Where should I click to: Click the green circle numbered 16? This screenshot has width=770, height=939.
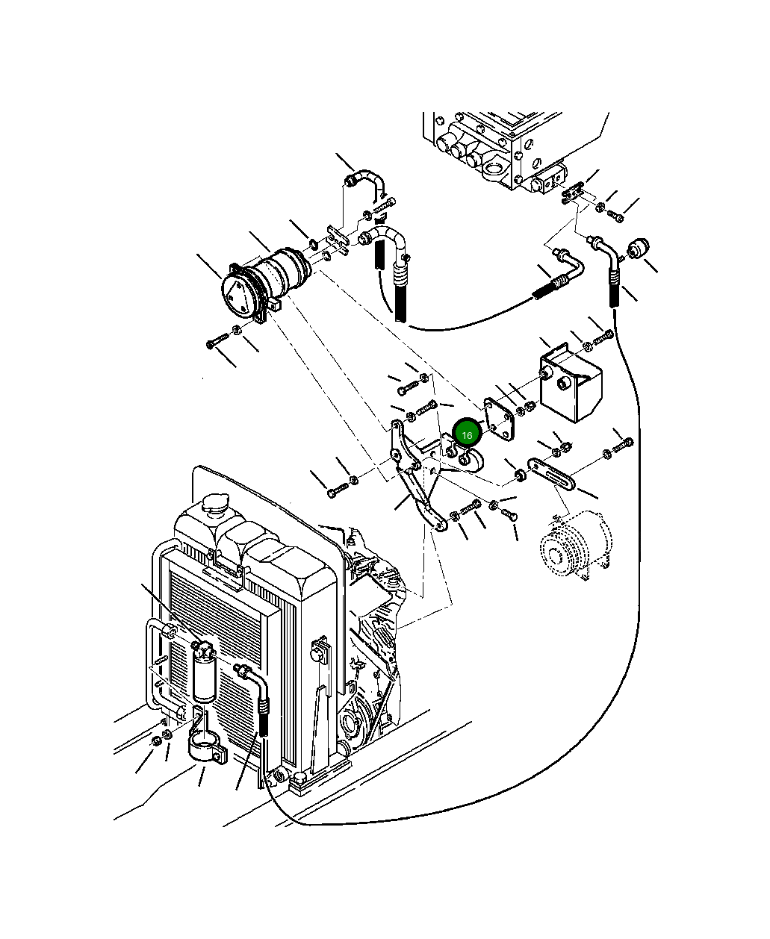[x=467, y=434]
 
